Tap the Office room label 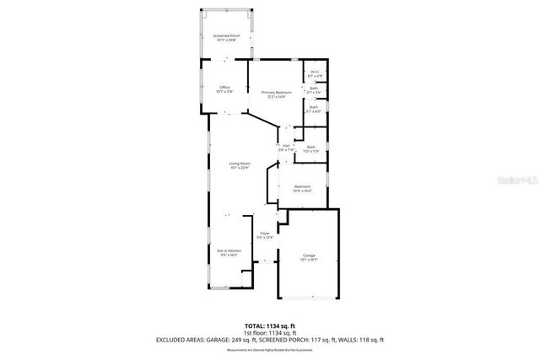pos(224,88)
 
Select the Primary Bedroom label pos(276,92)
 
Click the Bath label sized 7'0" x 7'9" pos(310,148)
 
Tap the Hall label pos(286,147)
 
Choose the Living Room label pos(240,164)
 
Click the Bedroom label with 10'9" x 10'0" pos(302,186)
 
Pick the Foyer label pos(265,234)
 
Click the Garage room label pos(309,255)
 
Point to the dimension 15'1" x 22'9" pos(240,169)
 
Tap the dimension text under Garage pos(309,261)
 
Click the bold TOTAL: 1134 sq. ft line pos(270,325)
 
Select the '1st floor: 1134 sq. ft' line pos(270,332)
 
